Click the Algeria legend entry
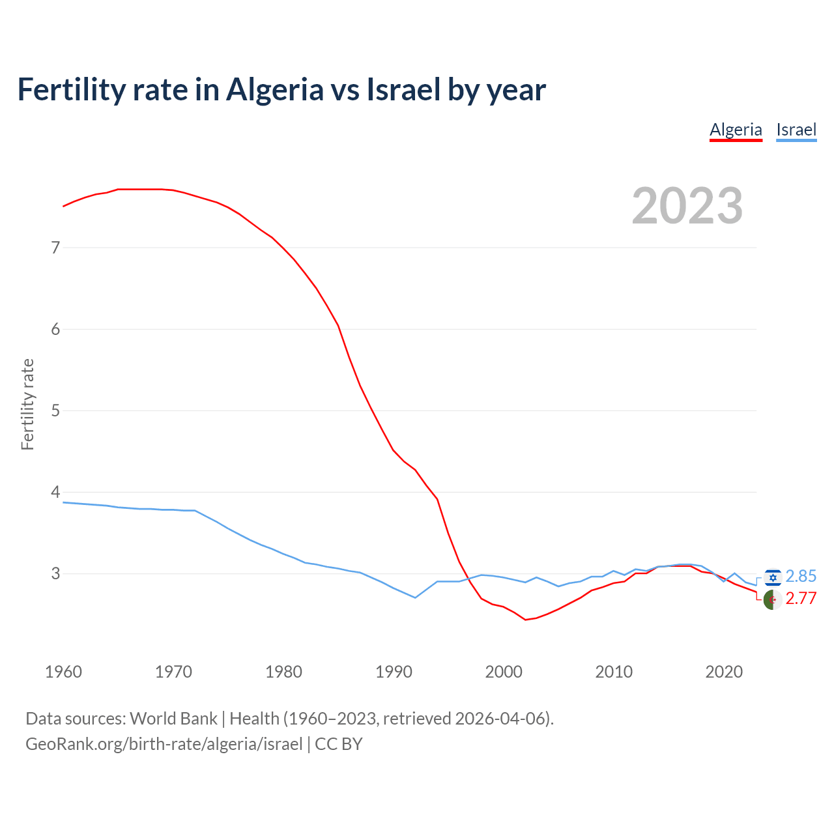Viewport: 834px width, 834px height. pos(736,130)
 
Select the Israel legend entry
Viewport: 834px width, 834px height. pos(796,130)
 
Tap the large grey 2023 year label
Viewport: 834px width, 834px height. pos(687,206)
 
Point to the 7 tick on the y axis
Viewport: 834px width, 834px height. pos(55,248)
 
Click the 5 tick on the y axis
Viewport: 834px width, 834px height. pos(55,410)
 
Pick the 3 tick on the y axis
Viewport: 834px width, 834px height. pos(55,573)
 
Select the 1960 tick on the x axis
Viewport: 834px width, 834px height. pos(63,672)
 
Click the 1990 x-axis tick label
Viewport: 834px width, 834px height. pos(394,672)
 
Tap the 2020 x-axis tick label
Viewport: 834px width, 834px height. pos(724,672)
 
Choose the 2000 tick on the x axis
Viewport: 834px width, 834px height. pos(504,672)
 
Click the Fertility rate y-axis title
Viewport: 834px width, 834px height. pos(27,404)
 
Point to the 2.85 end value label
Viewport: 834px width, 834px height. pos(801,577)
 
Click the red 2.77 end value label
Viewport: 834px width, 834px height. pos(801,599)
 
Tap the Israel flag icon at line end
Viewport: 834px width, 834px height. pos(773,577)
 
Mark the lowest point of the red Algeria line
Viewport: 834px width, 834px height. pos(525,620)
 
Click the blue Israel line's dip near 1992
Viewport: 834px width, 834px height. pos(415,597)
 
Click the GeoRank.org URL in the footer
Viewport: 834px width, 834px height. pos(164,744)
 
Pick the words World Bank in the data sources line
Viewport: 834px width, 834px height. pos(173,719)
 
